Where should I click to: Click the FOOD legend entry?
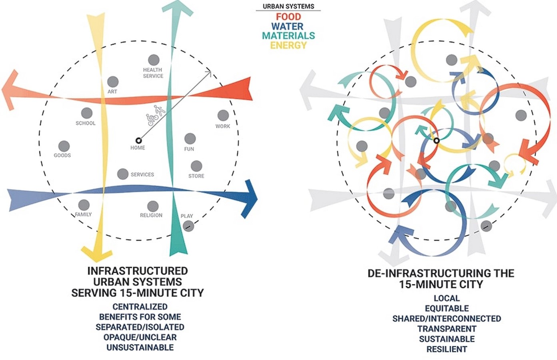tap(288, 17)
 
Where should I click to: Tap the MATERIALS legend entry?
tap(288, 36)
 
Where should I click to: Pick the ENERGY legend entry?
tap(288, 45)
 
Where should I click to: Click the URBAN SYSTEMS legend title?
tap(288, 6)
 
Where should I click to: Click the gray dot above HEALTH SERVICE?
tap(154, 60)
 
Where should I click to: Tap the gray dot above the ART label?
tap(113, 82)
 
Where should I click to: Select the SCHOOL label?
tap(86, 123)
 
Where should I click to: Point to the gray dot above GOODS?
tap(64, 146)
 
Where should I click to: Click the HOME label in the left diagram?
tap(138, 148)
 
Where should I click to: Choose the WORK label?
tap(223, 126)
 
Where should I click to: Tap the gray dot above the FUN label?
tap(190, 138)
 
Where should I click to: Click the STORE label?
tap(196, 176)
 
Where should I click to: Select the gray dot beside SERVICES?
tap(123, 174)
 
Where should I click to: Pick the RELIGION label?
tap(151, 215)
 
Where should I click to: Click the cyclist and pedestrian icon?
tap(156, 116)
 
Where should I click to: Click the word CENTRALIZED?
tap(140, 307)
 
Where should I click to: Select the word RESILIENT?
tap(447, 349)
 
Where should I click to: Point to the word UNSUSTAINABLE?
tap(140, 347)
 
